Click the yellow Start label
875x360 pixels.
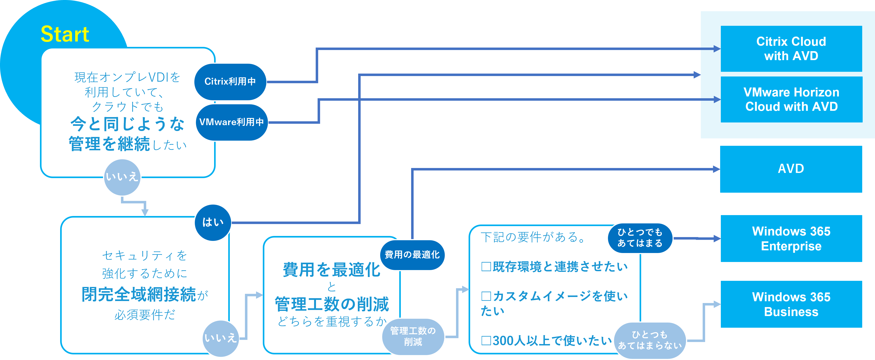click(x=65, y=34)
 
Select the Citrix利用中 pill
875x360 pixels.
click(x=230, y=81)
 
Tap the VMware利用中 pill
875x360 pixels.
click(x=232, y=122)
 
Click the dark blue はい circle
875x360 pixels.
click(x=213, y=223)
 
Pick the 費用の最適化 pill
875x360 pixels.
click(x=412, y=255)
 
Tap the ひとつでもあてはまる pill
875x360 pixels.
click(x=640, y=238)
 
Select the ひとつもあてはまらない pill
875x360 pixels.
click(x=650, y=340)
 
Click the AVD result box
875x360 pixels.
click(x=791, y=169)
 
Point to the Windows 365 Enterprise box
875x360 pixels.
click(x=791, y=238)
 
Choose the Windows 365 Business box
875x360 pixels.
click(x=791, y=304)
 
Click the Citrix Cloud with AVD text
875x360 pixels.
click(x=791, y=49)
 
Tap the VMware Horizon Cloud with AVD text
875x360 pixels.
click(x=791, y=99)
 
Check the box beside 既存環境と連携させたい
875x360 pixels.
click(x=486, y=267)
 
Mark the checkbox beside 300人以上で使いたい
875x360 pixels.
click(x=486, y=341)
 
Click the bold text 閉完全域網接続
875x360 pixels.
click(x=139, y=295)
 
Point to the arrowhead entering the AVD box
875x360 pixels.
click(x=716, y=169)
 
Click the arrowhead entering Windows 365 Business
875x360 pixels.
click(x=717, y=304)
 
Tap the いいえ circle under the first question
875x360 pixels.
click(x=122, y=177)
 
